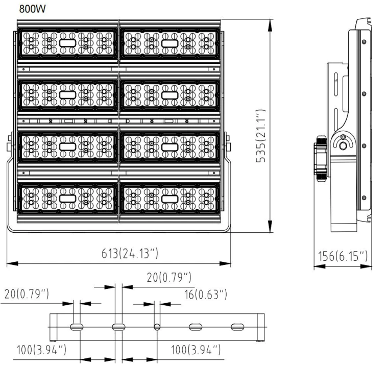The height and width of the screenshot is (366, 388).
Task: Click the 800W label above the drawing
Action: (32, 9)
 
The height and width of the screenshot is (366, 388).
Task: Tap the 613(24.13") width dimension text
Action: (121, 254)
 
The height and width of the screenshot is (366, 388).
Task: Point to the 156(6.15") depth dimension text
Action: (342, 256)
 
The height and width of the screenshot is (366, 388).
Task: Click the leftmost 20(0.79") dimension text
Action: (27, 295)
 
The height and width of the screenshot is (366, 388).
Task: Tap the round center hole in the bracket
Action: (157, 327)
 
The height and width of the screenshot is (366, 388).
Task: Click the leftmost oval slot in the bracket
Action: (76, 327)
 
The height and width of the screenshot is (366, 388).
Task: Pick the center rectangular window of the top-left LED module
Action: (68, 43)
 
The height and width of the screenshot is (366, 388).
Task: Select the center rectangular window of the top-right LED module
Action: (170, 43)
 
